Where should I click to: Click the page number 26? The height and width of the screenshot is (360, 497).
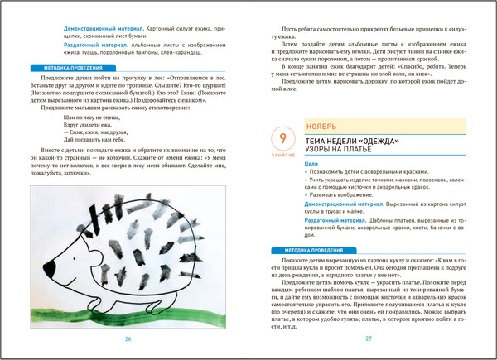click(x=128, y=338)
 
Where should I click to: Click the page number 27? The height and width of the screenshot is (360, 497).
click(x=369, y=338)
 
